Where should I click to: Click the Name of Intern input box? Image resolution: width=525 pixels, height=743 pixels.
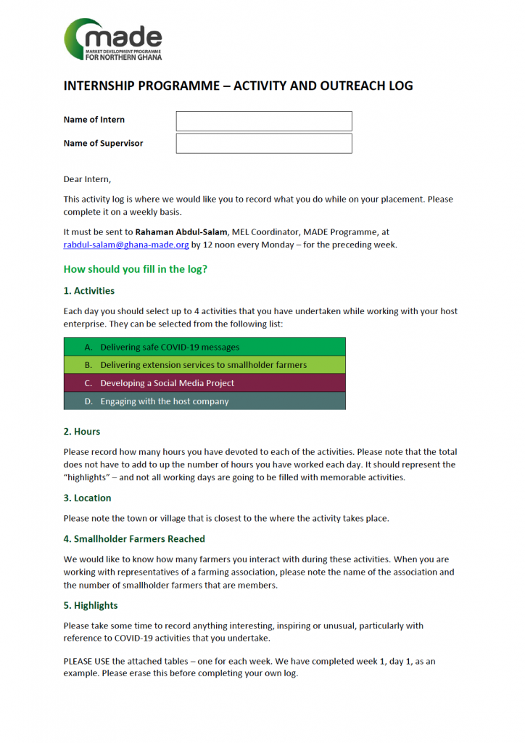point(264,121)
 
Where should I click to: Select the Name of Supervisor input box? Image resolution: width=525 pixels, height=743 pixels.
point(264,144)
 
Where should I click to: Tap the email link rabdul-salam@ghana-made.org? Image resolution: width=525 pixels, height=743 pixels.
point(126,245)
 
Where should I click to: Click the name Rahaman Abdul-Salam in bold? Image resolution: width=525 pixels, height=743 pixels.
point(180,232)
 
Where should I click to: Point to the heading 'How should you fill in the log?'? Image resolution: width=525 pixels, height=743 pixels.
point(135,269)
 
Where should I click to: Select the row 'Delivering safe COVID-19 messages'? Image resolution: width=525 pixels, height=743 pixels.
point(204,347)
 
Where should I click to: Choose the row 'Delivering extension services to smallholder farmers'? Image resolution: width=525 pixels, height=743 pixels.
point(204,365)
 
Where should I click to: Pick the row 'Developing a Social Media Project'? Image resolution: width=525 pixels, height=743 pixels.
point(204,383)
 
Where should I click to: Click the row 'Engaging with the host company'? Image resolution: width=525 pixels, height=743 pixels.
point(204,401)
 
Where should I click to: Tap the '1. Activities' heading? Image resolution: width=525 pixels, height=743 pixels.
point(89,291)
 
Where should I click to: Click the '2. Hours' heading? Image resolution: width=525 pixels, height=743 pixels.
point(82,432)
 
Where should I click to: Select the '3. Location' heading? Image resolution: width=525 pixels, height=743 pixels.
point(88,498)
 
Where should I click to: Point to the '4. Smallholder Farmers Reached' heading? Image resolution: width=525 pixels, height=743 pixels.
point(134,539)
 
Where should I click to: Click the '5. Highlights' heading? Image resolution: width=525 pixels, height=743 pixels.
point(91,606)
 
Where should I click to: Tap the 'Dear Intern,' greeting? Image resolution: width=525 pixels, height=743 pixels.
point(88,179)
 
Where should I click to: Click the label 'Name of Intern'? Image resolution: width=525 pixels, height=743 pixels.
point(94,120)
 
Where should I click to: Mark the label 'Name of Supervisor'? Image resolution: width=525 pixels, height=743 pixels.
point(103,144)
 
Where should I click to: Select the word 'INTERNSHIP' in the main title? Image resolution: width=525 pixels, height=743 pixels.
point(98,86)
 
